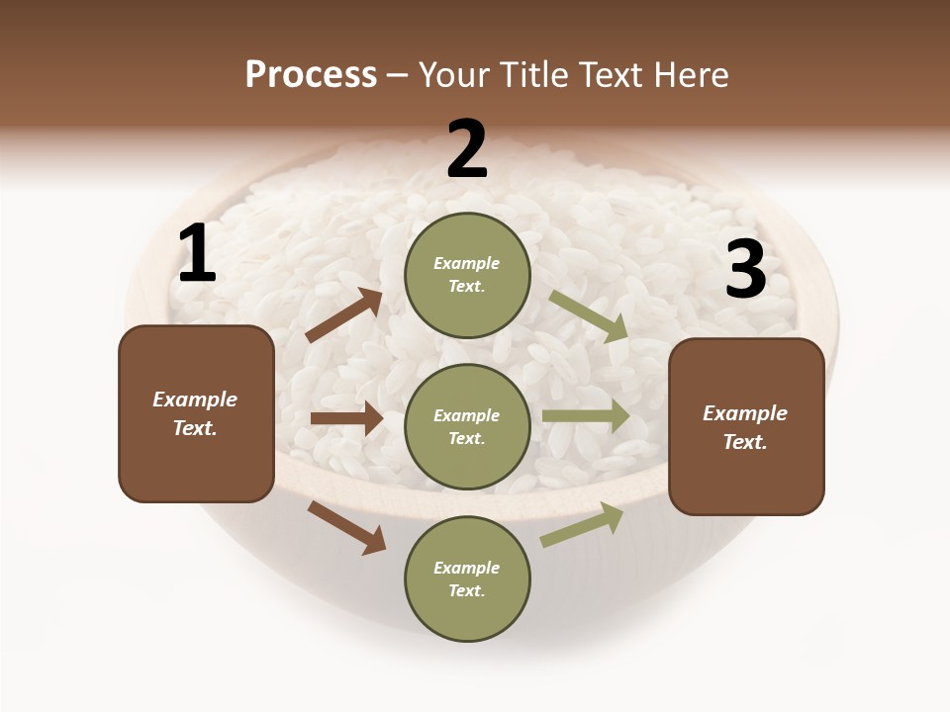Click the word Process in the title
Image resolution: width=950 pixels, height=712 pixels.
(x=311, y=75)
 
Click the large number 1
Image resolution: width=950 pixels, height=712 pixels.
(x=197, y=254)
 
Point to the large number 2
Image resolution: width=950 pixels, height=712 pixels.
(x=467, y=149)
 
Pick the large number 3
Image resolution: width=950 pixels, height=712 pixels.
(x=745, y=270)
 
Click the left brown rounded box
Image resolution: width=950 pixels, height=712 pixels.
(x=196, y=413)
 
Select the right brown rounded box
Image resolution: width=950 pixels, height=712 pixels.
(x=746, y=426)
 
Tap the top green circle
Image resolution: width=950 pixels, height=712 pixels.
(x=467, y=275)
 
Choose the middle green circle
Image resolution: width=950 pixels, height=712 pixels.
(x=467, y=426)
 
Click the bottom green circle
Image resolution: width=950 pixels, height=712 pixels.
(x=467, y=578)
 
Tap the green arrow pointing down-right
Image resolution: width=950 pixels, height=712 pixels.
(x=588, y=316)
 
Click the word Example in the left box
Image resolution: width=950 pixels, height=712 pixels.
(x=195, y=400)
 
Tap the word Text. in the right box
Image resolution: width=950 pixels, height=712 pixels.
(x=745, y=442)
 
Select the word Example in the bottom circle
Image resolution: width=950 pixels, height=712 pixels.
(x=467, y=568)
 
